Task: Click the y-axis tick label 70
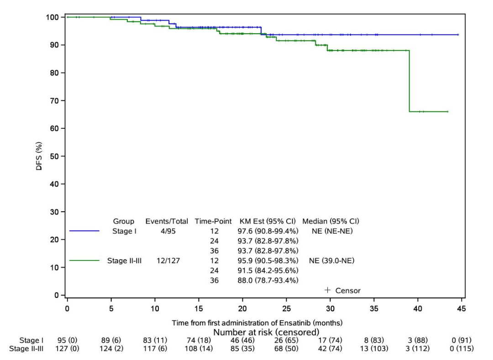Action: [55, 100]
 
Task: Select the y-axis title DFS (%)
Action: [39, 156]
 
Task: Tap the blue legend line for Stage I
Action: [84, 231]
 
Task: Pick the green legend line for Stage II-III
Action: [84, 261]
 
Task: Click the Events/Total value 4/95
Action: [167, 231]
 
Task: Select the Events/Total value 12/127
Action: [167, 261]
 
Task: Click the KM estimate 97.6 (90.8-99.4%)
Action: [269, 231]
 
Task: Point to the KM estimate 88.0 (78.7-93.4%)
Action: [269, 280]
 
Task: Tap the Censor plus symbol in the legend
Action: [327, 290]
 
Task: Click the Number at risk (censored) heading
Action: [266, 332]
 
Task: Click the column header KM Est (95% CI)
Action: [269, 221]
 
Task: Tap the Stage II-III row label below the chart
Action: [31, 349]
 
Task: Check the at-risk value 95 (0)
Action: [67, 340]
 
